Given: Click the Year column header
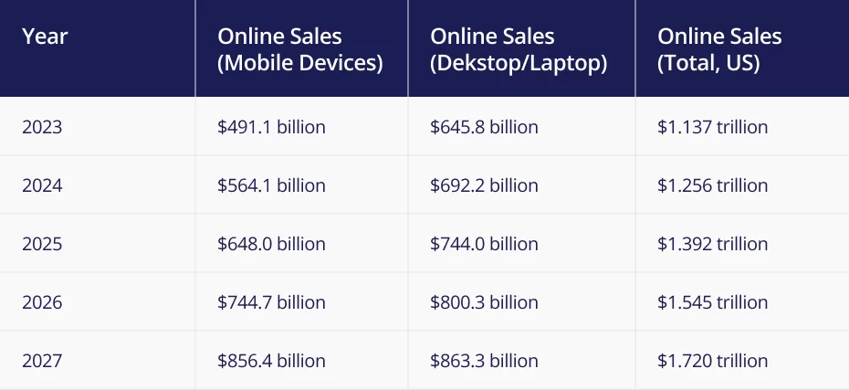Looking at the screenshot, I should tap(45, 37).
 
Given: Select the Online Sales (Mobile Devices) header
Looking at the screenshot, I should tap(299, 49).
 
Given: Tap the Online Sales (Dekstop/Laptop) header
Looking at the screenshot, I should tap(518, 49).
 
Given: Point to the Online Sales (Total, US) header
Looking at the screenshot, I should tap(719, 49).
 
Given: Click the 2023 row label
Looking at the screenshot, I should tap(42, 127).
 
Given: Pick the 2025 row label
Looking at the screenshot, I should tap(42, 244).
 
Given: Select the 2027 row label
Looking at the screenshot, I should tap(42, 361).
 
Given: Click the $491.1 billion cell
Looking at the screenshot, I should tap(271, 127).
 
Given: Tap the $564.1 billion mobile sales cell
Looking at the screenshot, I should tap(271, 185).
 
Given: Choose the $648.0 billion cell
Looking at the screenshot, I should tap(271, 244).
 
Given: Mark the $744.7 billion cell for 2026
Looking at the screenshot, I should tap(271, 302).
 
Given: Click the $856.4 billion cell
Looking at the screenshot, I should tap(271, 361).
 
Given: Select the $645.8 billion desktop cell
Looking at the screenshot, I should tap(484, 127).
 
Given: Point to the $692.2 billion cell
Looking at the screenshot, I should tap(484, 185).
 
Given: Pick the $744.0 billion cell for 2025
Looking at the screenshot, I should tap(484, 244).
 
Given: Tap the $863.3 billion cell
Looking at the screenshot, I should tap(484, 361).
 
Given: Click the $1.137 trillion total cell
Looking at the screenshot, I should tap(712, 127).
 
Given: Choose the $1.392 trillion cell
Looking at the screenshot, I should tap(712, 244).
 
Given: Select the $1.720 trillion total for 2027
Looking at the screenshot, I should tap(712, 361).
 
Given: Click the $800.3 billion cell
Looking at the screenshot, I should tap(484, 302).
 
